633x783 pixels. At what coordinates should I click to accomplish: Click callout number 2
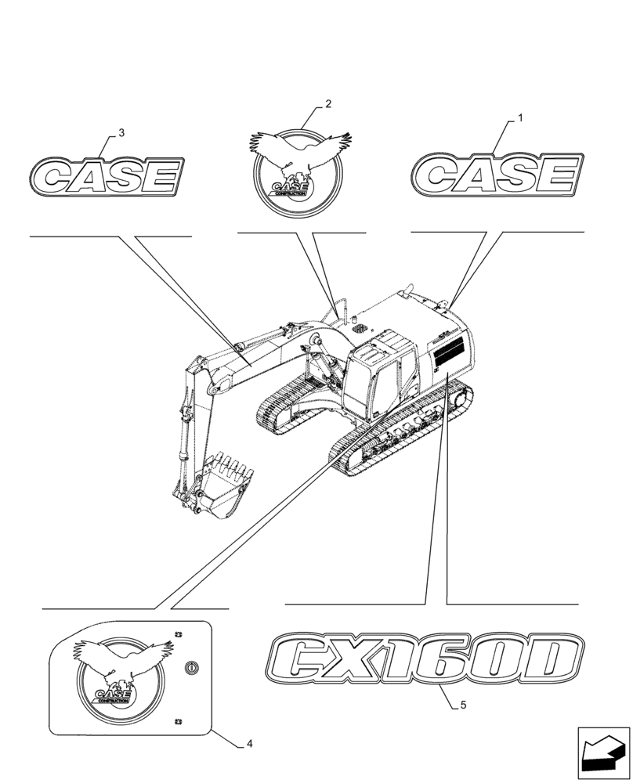tap(327, 104)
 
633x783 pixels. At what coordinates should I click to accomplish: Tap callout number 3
tap(121, 134)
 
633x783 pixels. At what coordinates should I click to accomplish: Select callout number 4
tap(248, 743)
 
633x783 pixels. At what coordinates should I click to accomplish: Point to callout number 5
tap(464, 705)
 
